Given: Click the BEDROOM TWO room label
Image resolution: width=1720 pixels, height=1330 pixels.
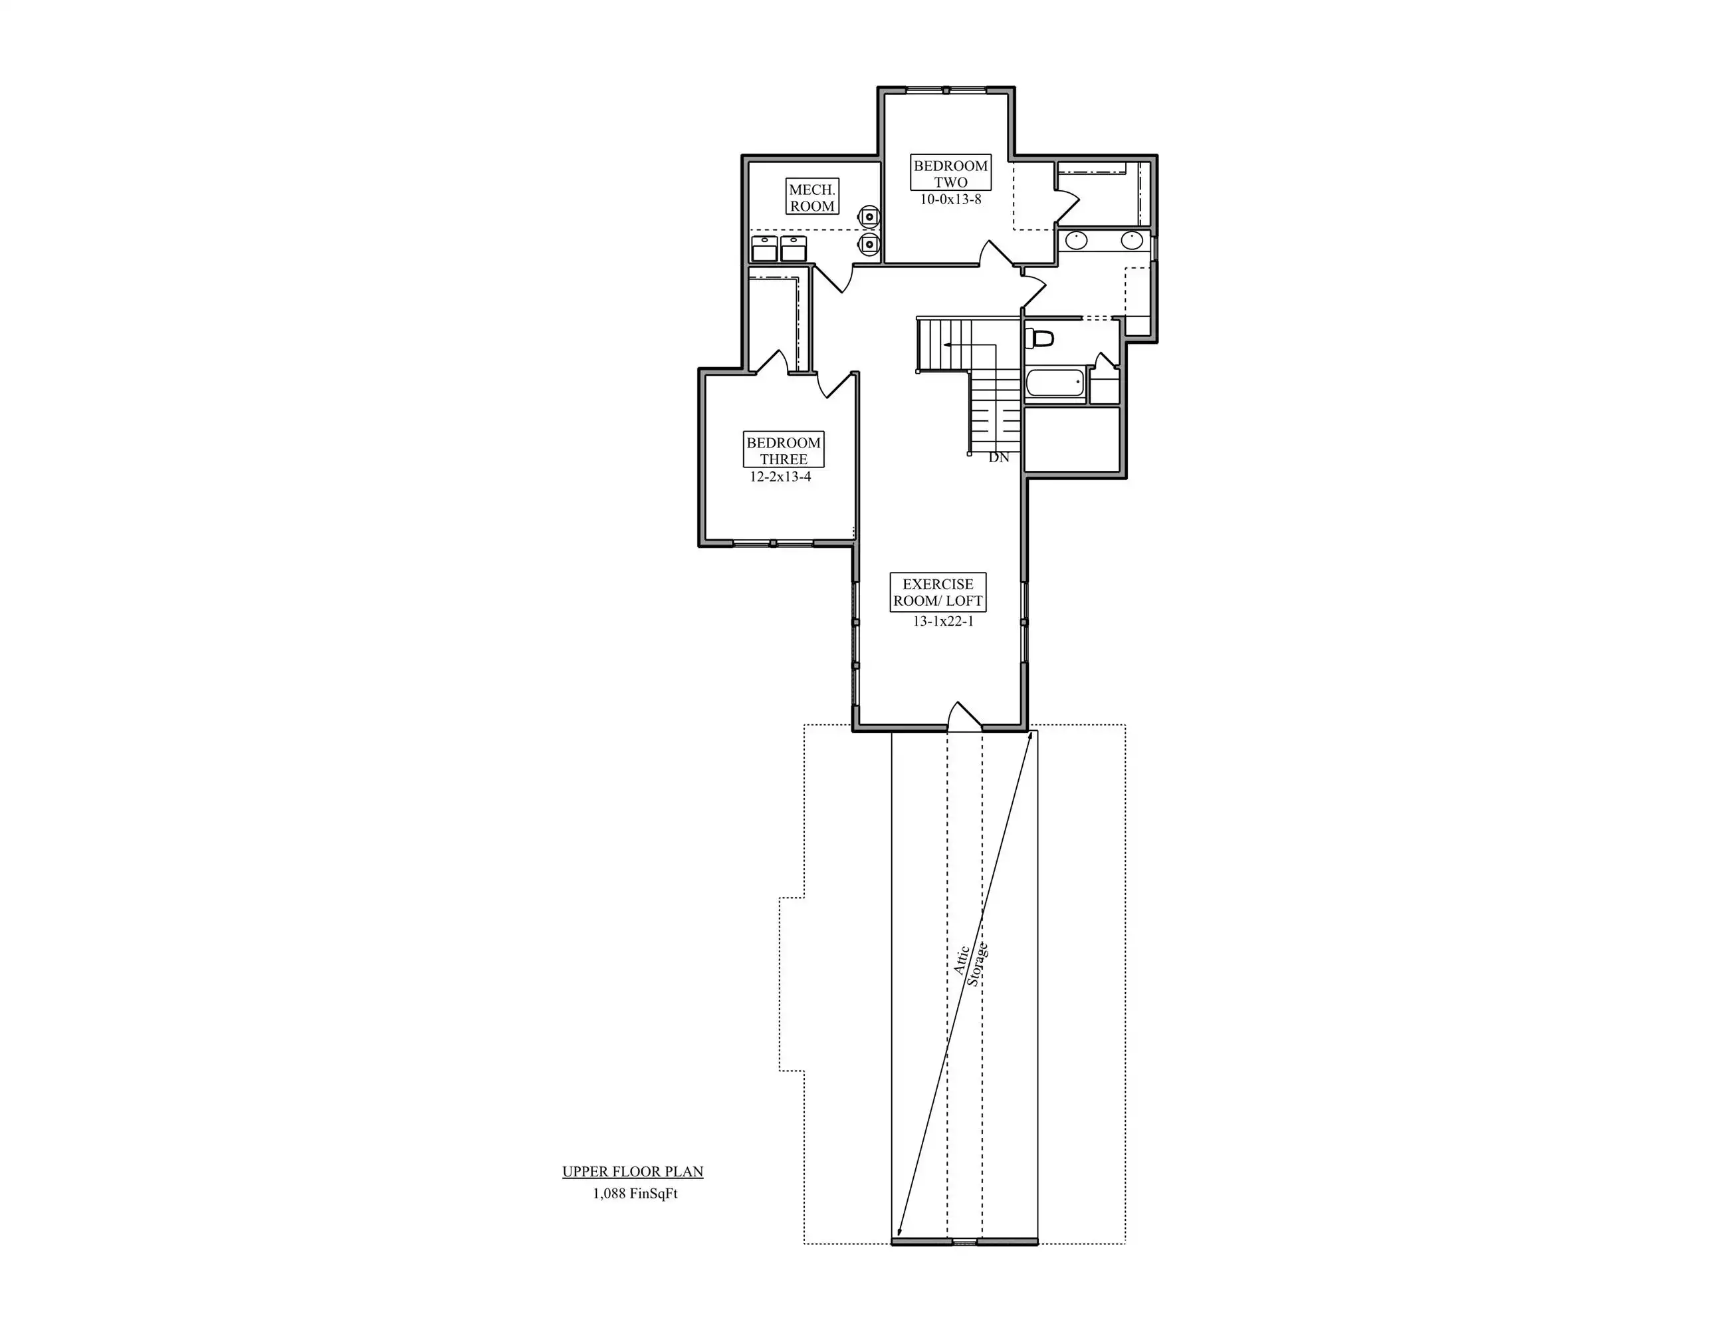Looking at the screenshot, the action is tap(950, 174).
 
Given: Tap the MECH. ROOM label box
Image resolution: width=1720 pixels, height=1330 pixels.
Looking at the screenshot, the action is tap(812, 198).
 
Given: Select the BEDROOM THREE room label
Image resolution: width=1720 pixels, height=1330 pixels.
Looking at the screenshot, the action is tap(784, 451).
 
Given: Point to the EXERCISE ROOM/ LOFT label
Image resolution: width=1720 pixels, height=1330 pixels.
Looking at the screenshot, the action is tap(938, 593).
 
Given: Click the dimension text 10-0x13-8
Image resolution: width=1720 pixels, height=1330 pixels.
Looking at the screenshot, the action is tap(950, 199).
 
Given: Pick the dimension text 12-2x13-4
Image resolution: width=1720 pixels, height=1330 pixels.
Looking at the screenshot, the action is tap(780, 477).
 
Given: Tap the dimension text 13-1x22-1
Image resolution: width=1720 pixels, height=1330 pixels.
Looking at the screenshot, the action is tap(944, 621).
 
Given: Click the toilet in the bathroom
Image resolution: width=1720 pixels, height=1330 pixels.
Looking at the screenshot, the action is tap(1039, 338).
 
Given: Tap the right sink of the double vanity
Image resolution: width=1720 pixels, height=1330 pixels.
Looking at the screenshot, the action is tap(1132, 239).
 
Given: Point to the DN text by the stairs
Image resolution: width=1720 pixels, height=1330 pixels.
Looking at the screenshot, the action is tap(999, 458).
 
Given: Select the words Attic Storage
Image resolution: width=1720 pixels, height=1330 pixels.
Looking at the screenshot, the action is tap(970, 964).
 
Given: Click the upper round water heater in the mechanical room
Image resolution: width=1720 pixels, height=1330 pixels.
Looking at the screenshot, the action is tap(869, 215).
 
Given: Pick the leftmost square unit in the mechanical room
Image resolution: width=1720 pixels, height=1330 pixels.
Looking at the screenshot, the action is tap(765, 248).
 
